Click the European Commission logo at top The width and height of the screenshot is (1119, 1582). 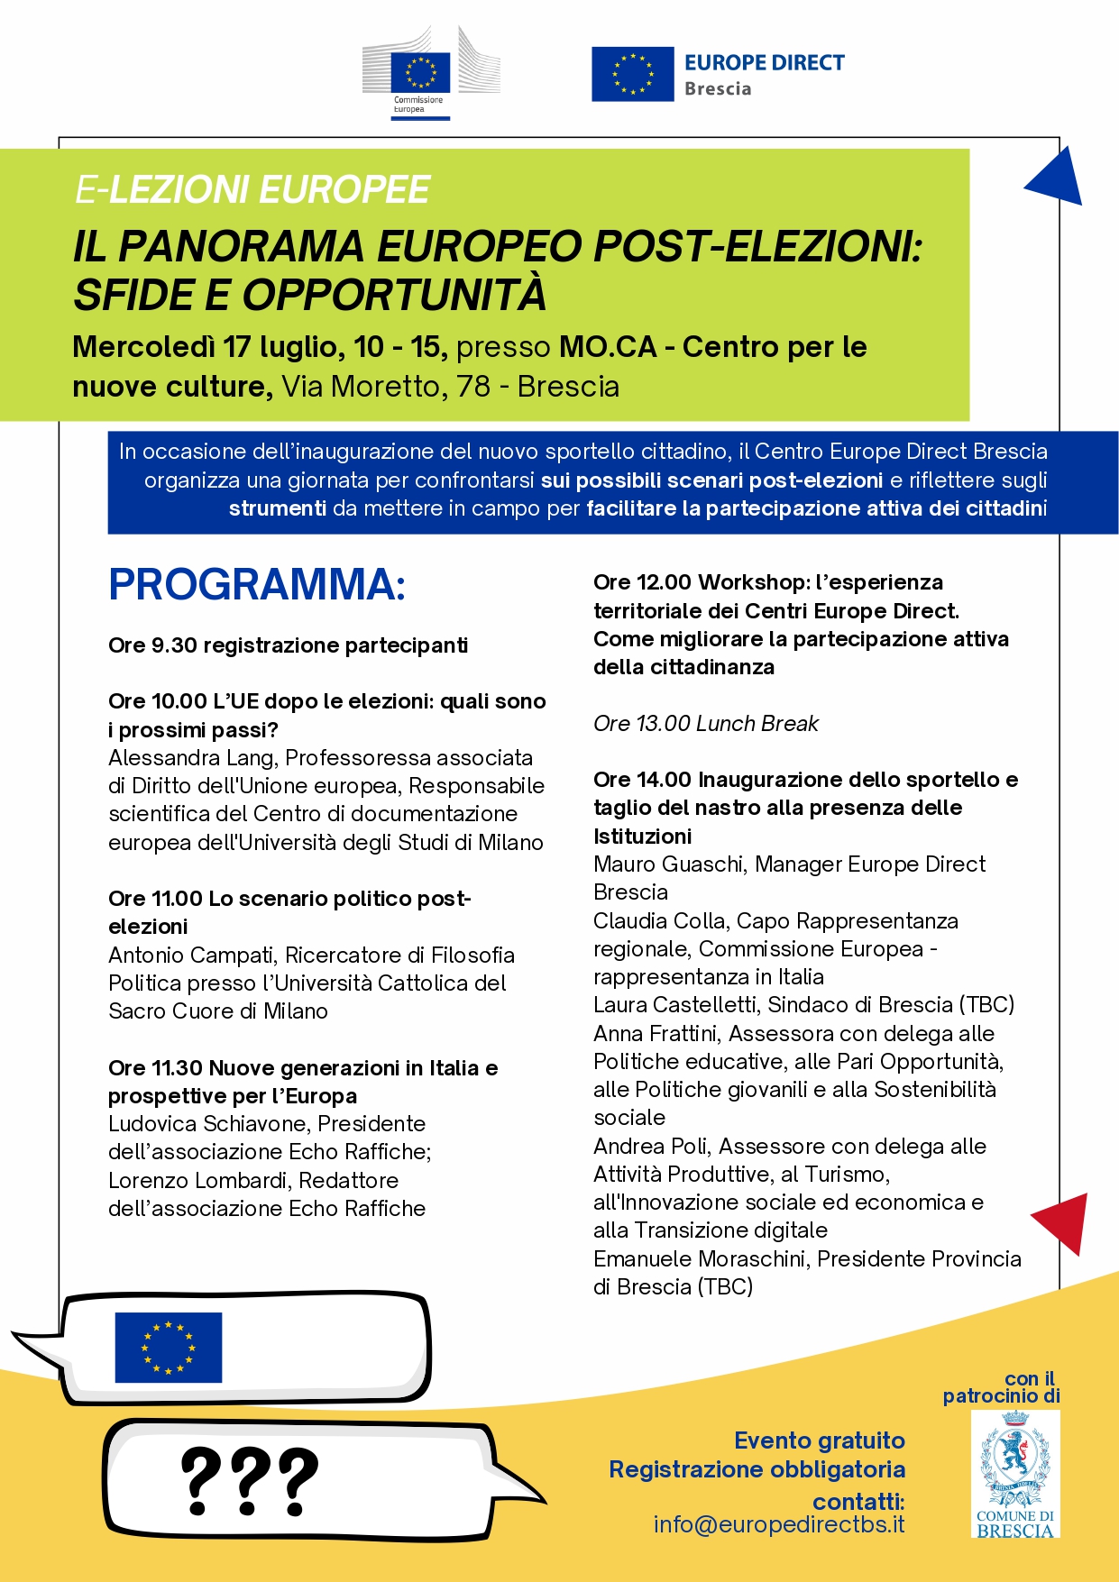coord(430,73)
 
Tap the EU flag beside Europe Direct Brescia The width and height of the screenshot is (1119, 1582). coord(632,74)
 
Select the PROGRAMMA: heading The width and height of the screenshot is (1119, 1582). coord(257,584)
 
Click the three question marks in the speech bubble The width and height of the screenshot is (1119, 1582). coord(250,1482)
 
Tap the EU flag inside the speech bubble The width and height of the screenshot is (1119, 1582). coord(169,1347)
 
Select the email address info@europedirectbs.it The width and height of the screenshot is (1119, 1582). coord(779,1524)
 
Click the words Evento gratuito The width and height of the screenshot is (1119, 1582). coord(819,1440)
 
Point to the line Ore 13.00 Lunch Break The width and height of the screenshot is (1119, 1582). coord(705,724)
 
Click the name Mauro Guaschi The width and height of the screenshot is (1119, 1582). coord(668,864)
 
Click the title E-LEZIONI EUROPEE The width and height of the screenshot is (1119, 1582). coord(252,190)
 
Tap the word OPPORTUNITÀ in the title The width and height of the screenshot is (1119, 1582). coord(394,295)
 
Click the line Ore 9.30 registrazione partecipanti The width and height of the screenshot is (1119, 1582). coord(288,645)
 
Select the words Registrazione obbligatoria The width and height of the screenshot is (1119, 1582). coord(757,1469)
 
